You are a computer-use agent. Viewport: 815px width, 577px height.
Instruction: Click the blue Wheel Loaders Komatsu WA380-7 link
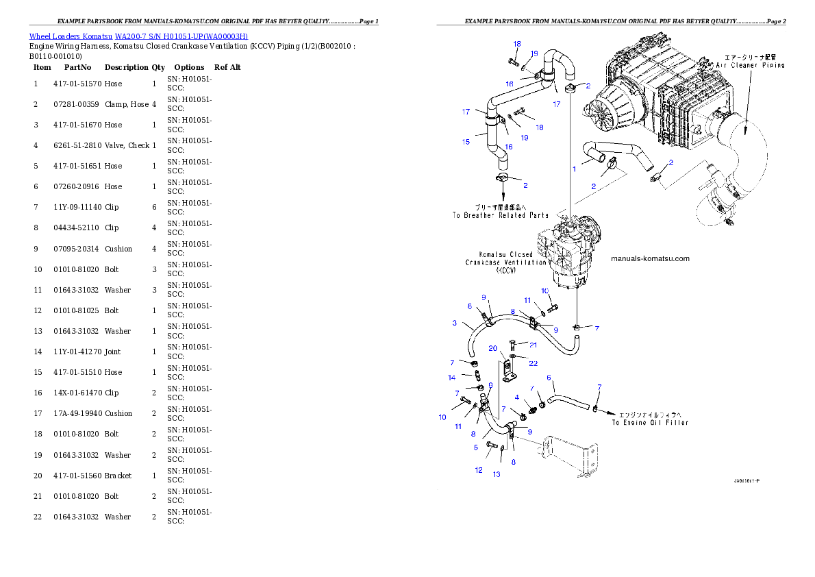tap(138, 36)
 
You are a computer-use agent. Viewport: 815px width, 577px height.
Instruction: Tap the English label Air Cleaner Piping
tap(750, 65)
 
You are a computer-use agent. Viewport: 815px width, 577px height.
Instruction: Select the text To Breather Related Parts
tap(500, 215)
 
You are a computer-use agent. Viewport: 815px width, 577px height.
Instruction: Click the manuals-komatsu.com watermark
tap(649, 258)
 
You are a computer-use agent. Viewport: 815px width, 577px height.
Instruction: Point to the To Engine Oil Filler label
tap(650, 422)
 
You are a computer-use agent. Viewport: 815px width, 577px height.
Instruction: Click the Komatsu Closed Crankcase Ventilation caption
tap(506, 262)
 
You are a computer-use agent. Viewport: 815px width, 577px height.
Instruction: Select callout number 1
tap(575, 169)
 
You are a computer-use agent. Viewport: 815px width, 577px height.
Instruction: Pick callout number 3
tap(454, 323)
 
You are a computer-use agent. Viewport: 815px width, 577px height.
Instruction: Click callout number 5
tap(475, 447)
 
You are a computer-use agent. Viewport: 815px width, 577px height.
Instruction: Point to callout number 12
tap(479, 470)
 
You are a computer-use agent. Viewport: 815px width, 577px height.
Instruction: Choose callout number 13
tap(497, 474)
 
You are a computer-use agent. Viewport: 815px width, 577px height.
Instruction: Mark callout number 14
tap(452, 378)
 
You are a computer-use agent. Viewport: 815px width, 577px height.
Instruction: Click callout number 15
tap(466, 142)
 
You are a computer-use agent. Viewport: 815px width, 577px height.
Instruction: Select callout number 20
tap(492, 349)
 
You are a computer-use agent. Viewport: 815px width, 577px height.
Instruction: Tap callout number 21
tap(533, 345)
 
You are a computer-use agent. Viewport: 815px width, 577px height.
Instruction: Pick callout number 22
tap(533, 363)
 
